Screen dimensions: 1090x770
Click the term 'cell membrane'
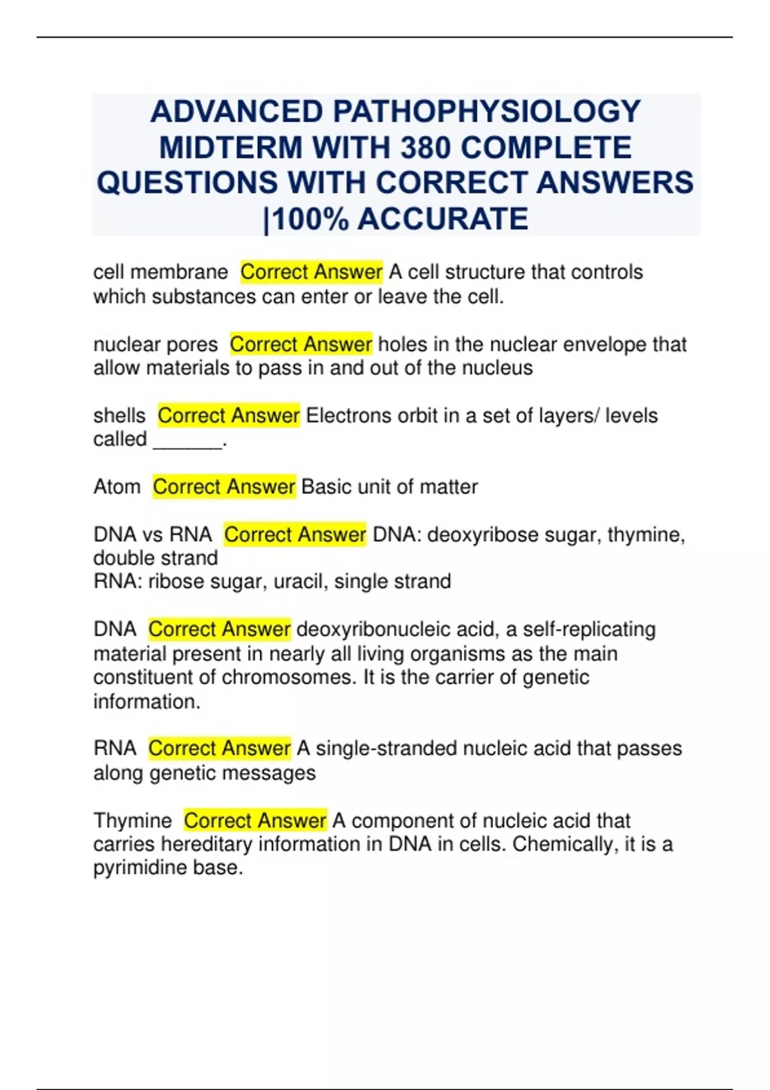pyautogui.click(x=160, y=272)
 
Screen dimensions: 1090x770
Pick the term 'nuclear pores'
pyautogui.click(x=155, y=344)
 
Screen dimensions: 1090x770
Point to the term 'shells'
pyautogui.click(x=119, y=415)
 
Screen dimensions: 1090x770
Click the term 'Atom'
pyautogui.click(x=117, y=487)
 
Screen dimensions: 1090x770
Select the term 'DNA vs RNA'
pyautogui.click(x=153, y=534)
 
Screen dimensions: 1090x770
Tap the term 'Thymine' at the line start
pyautogui.click(x=133, y=821)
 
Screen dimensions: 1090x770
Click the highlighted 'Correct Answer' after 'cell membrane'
pyautogui.click(x=311, y=272)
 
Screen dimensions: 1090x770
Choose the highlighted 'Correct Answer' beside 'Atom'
pyautogui.click(x=224, y=487)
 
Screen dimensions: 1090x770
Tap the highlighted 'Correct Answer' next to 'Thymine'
pyautogui.click(x=255, y=821)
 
